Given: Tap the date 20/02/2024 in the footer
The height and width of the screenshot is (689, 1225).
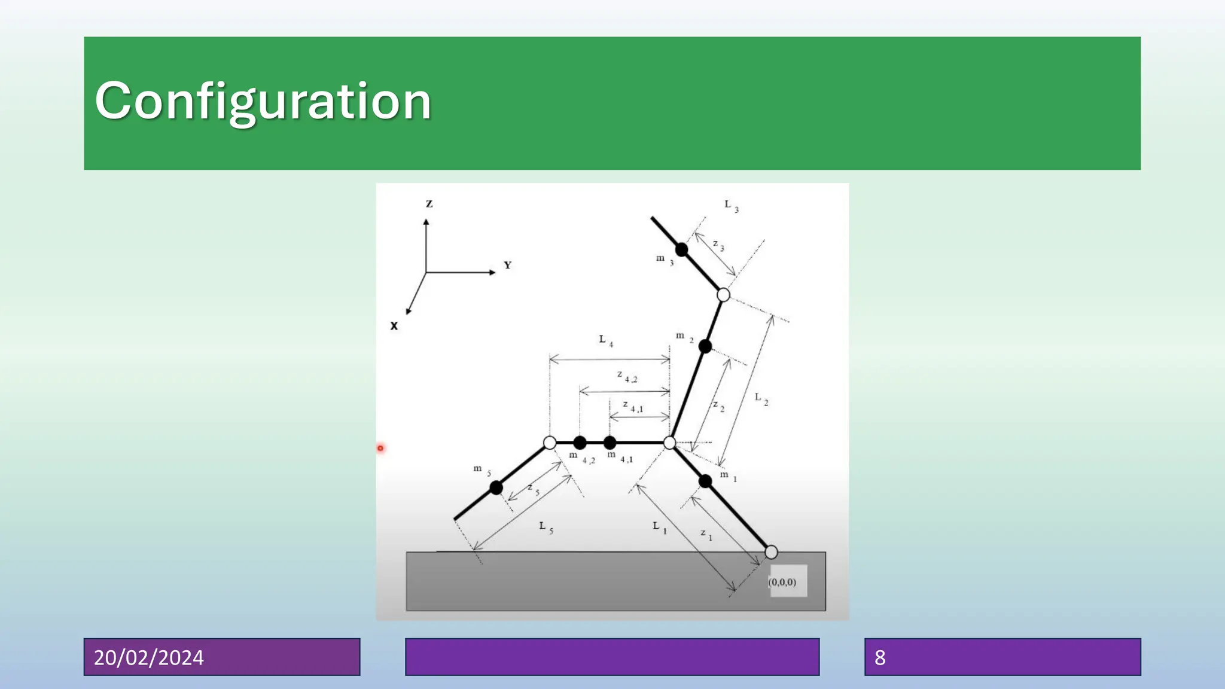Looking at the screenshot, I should [149, 657].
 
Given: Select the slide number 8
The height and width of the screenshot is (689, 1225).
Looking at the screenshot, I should [880, 657].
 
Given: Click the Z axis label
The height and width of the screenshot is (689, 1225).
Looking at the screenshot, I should [429, 204].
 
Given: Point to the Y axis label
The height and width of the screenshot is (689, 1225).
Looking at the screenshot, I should [507, 265].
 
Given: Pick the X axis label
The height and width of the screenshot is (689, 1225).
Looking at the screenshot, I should [394, 326].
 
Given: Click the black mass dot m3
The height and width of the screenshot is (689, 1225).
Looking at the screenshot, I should [681, 249].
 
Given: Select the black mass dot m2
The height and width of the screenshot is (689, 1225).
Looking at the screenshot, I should [705, 346].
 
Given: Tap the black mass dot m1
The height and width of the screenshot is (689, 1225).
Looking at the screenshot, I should [705, 481].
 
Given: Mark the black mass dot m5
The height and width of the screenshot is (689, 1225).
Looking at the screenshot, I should [496, 488].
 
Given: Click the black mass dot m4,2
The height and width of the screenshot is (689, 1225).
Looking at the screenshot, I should [580, 443].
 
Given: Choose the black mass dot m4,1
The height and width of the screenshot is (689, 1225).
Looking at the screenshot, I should [610, 443].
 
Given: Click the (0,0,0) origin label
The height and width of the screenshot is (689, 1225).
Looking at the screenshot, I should [782, 582].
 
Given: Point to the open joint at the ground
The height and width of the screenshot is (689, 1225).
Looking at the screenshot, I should [771, 552].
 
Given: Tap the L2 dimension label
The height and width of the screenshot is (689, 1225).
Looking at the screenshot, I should [761, 398].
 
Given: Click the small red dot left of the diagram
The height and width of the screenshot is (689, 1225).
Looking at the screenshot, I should [380, 448].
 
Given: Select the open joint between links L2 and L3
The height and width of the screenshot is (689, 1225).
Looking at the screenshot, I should [723, 295].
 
